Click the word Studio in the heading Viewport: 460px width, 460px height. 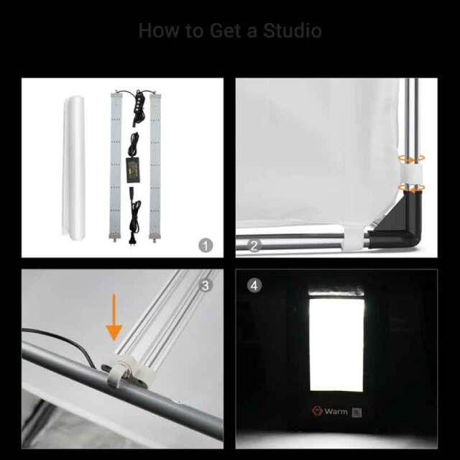[x=293, y=30]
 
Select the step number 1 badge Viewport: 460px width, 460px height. [x=206, y=245]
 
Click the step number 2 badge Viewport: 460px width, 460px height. [x=254, y=245]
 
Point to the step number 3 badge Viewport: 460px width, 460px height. [x=205, y=285]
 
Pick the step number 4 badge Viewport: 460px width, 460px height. [x=254, y=285]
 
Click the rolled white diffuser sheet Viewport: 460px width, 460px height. [x=74, y=168]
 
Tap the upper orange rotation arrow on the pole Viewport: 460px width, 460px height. [x=411, y=158]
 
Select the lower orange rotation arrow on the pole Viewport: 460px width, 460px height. [x=411, y=188]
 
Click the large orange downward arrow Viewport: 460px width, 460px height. [x=114, y=318]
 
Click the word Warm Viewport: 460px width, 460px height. [x=336, y=411]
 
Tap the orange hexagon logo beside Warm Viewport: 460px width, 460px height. [x=317, y=410]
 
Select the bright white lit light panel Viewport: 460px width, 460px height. [x=337, y=344]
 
